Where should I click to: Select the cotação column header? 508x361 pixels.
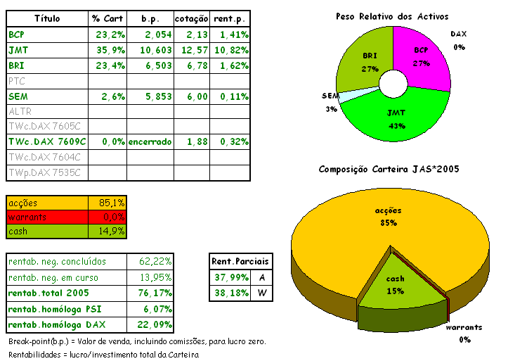click(191, 19)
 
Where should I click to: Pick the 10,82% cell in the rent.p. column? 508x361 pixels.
click(234, 50)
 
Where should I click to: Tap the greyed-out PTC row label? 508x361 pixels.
click(16, 81)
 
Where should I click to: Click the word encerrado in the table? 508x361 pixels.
click(150, 142)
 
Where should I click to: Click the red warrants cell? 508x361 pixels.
click(47, 217)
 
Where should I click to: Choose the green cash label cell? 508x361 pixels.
click(47, 231)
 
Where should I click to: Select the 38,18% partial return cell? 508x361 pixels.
click(229, 293)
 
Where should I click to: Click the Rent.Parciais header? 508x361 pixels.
click(240, 262)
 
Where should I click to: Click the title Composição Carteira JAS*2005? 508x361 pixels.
click(389, 169)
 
